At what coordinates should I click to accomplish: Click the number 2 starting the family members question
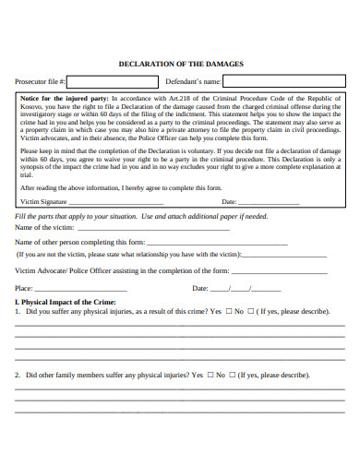tap(18, 376)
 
